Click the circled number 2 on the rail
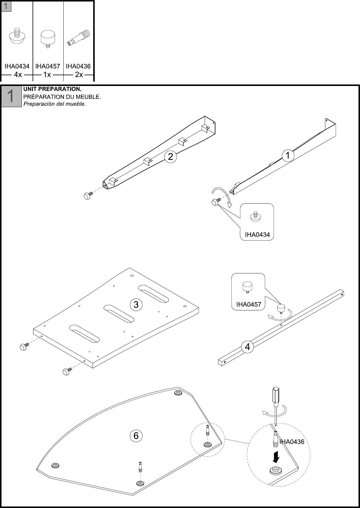170,156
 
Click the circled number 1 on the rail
288,156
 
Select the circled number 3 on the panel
136,304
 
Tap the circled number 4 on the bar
247,347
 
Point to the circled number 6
136,436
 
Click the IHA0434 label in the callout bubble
257,235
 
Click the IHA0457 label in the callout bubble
249,304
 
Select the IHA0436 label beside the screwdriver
292,442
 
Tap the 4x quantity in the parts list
18,75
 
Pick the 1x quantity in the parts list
47,75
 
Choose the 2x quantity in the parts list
79,75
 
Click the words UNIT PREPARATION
52,89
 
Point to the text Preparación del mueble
54,104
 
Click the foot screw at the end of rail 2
88,196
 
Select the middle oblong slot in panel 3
119,314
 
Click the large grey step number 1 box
11,96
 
